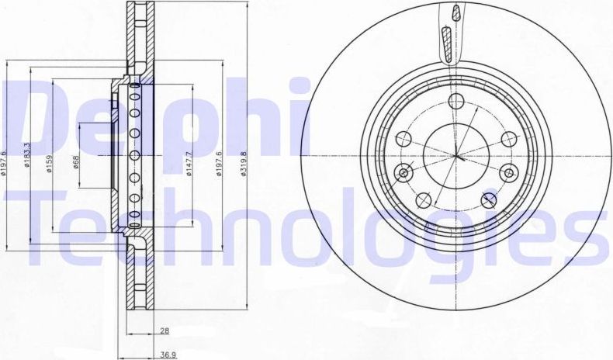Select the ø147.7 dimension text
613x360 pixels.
click(189, 164)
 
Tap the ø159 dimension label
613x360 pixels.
click(49, 164)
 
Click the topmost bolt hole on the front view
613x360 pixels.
click(456, 100)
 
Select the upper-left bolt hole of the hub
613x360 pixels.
click(403, 138)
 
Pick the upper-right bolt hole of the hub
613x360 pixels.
click(509, 138)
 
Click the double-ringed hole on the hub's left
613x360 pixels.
click(403, 171)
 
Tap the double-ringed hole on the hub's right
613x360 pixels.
click(509, 172)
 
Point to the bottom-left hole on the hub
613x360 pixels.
click(423, 200)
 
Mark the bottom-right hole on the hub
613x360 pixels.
click(490, 200)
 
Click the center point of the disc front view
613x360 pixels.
click(456, 156)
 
